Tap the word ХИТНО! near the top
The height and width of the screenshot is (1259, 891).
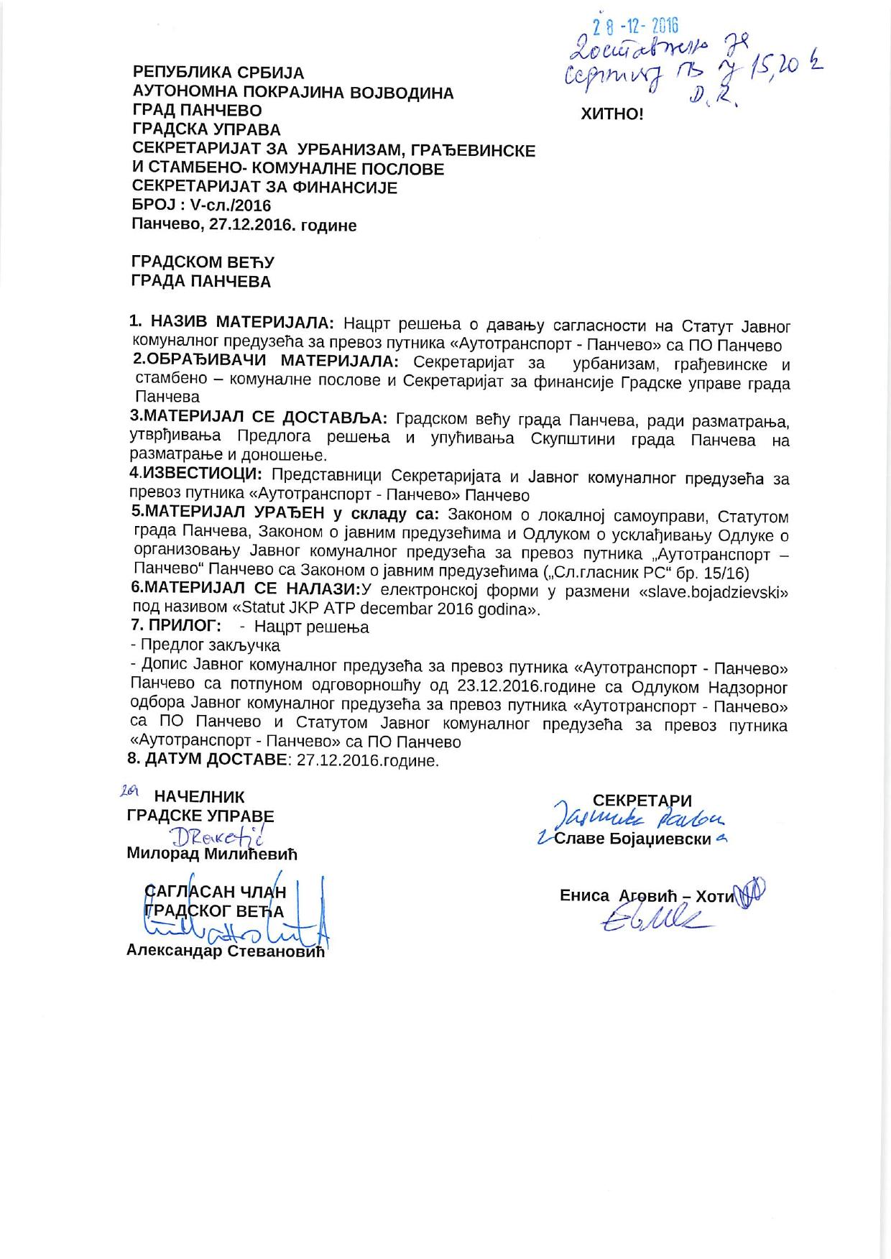[612, 114]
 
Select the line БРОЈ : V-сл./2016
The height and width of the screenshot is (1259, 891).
[202, 206]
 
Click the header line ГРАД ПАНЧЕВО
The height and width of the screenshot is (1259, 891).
[198, 111]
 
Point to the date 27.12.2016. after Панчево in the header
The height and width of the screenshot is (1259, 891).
[247, 225]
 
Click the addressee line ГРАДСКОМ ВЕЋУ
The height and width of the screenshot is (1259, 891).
[203, 262]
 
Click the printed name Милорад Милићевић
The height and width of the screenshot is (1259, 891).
[211, 854]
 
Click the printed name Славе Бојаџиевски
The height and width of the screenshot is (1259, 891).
[632, 839]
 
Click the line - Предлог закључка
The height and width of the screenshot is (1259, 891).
[205, 645]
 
